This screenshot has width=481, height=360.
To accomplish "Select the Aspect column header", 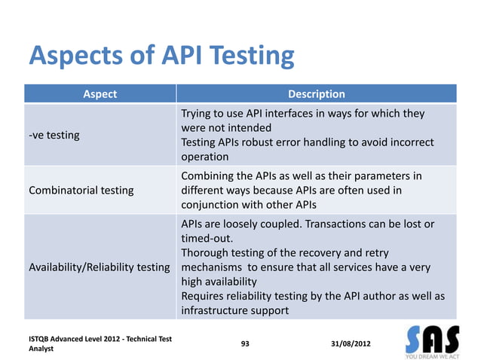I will pyautogui.click(x=100, y=94).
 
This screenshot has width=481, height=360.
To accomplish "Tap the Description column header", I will pyautogui.click(x=317, y=94).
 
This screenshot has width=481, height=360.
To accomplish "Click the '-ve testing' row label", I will pyautogui.click(x=54, y=136).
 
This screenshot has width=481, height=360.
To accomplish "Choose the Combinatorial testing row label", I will pyautogui.click(x=81, y=190).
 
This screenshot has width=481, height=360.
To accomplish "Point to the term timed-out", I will pyautogui.click(x=209, y=238).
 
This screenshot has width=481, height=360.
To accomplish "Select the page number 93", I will pyautogui.click(x=245, y=344).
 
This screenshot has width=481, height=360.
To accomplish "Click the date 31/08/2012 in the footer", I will pyautogui.click(x=351, y=344).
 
